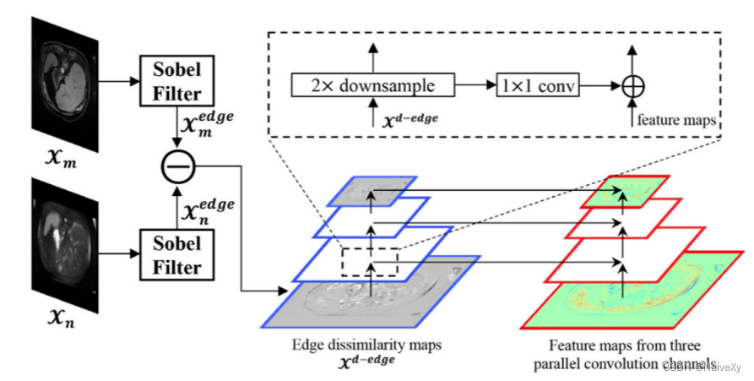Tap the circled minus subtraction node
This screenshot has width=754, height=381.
coord(177,169)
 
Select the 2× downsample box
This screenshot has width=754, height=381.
coord(372,85)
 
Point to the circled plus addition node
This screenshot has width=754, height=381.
coord(631,86)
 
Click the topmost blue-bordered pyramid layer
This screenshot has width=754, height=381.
coord(373,192)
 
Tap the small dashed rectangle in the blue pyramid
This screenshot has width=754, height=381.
coord(369,262)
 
